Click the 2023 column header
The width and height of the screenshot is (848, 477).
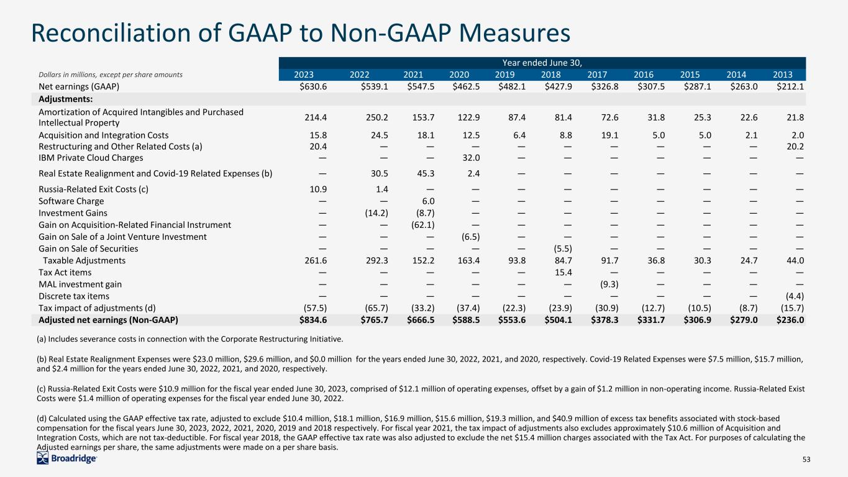tap(304, 75)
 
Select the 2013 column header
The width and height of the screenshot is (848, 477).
tap(783, 75)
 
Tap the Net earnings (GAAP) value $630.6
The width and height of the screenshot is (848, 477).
tap(313, 87)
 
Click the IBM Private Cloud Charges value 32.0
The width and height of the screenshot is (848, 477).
tap(471, 158)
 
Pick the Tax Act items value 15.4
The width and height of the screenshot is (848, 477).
tap(563, 272)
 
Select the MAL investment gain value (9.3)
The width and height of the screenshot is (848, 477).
tap(609, 284)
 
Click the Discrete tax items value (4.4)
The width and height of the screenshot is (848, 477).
tap(795, 296)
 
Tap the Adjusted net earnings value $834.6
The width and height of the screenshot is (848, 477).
tap(313, 320)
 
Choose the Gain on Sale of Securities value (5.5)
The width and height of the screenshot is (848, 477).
tap(563, 248)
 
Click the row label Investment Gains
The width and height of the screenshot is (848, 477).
tap(73, 213)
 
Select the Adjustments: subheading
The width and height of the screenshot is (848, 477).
tap(65, 99)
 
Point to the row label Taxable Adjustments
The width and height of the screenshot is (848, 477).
tap(84, 260)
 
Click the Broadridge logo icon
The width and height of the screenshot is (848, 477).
tap(42, 458)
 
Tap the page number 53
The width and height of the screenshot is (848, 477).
tap(806, 460)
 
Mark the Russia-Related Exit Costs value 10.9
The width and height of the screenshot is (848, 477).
tap(318, 189)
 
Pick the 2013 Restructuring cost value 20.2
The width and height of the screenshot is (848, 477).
tap(795, 147)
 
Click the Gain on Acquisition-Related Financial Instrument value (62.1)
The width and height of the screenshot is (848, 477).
tap(423, 225)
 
